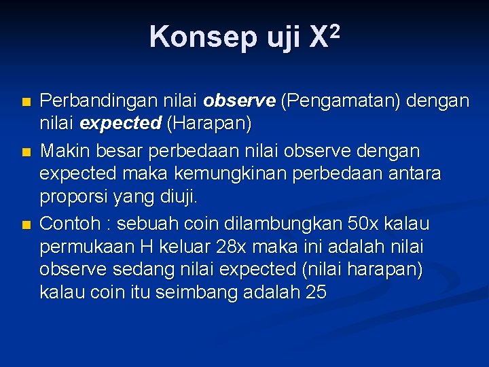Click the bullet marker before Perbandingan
coord(25,103)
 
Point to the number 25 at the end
coord(316,294)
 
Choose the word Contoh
coord(69,224)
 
